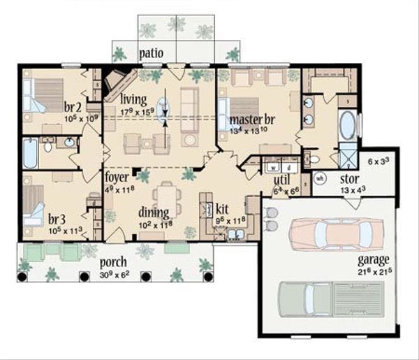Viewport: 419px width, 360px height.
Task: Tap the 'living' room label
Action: [133, 99]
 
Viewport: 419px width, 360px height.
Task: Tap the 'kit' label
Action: [222, 209]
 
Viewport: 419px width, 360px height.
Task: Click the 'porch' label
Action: [112, 262]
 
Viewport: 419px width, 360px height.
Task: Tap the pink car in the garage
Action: [336, 233]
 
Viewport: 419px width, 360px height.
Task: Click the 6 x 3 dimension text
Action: [379, 162]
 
